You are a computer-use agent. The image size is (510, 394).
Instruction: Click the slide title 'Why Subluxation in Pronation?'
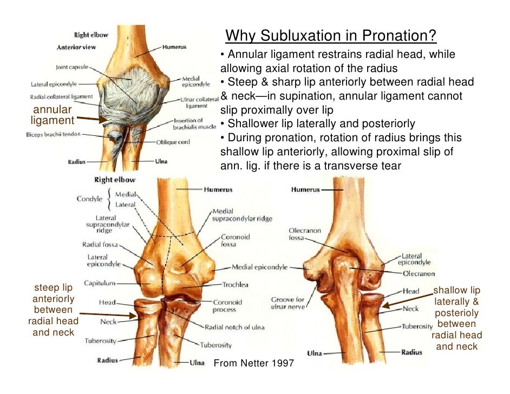click(330, 35)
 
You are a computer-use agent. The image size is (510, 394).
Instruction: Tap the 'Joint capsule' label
click(72, 67)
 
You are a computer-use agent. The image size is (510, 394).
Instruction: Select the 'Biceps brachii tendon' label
click(53, 134)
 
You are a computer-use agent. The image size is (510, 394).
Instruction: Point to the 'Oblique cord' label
click(173, 142)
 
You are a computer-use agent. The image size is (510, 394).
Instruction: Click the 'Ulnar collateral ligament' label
click(199, 102)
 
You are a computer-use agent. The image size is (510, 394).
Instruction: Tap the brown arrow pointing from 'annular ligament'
click(92, 119)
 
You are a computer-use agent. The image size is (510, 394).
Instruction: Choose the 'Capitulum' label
click(100, 283)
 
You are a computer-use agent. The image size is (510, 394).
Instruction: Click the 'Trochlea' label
click(235, 285)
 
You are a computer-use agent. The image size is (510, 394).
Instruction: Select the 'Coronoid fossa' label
click(235, 240)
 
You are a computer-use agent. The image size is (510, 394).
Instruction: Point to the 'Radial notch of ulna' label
click(234, 327)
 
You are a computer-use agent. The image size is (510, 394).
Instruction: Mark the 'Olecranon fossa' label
click(305, 234)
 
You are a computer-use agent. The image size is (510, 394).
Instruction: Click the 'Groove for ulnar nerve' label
click(287, 303)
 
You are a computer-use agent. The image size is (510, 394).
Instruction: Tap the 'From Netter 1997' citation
click(254, 363)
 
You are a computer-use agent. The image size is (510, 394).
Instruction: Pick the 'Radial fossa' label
click(100, 245)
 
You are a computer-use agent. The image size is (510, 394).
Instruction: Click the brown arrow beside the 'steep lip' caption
click(108, 314)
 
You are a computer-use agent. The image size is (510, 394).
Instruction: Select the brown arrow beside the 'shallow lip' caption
click(407, 300)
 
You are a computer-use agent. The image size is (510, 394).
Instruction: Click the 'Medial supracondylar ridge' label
click(242, 215)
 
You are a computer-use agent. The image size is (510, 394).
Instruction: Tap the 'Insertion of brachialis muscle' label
click(194, 123)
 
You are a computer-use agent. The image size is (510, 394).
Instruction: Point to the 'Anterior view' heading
click(76, 47)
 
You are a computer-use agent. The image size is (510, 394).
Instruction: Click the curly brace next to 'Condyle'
click(109, 199)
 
